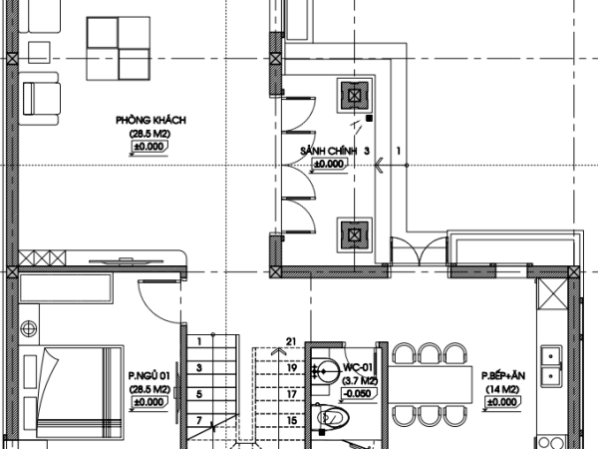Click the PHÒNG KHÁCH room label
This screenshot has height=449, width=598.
[x=151, y=121]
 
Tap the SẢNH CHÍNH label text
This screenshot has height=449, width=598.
[x=328, y=152]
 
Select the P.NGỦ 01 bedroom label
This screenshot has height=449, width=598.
[x=149, y=376]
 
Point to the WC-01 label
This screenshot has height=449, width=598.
[x=358, y=367]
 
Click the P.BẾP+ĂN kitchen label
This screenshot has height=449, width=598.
[x=503, y=376]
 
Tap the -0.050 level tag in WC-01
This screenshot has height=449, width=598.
[x=358, y=394]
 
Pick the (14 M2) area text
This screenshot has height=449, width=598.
[x=502, y=389]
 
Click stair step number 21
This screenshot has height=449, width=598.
[x=291, y=341]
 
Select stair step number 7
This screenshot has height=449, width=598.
[x=199, y=420]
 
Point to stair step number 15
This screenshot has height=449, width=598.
[x=292, y=421]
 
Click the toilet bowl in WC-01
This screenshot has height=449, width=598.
[x=330, y=417]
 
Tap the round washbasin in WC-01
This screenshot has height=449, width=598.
[x=327, y=371]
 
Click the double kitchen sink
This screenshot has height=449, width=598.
[x=551, y=366]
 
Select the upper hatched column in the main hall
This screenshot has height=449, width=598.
[x=354, y=95]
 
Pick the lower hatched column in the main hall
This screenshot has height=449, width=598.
[x=354, y=234]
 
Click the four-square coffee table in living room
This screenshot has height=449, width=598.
[x=119, y=49]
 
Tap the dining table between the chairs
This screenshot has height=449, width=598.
[x=431, y=384]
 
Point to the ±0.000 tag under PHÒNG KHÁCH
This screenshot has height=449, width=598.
[x=149, y=147]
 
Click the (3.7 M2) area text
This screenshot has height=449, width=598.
[x=360, y=381]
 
